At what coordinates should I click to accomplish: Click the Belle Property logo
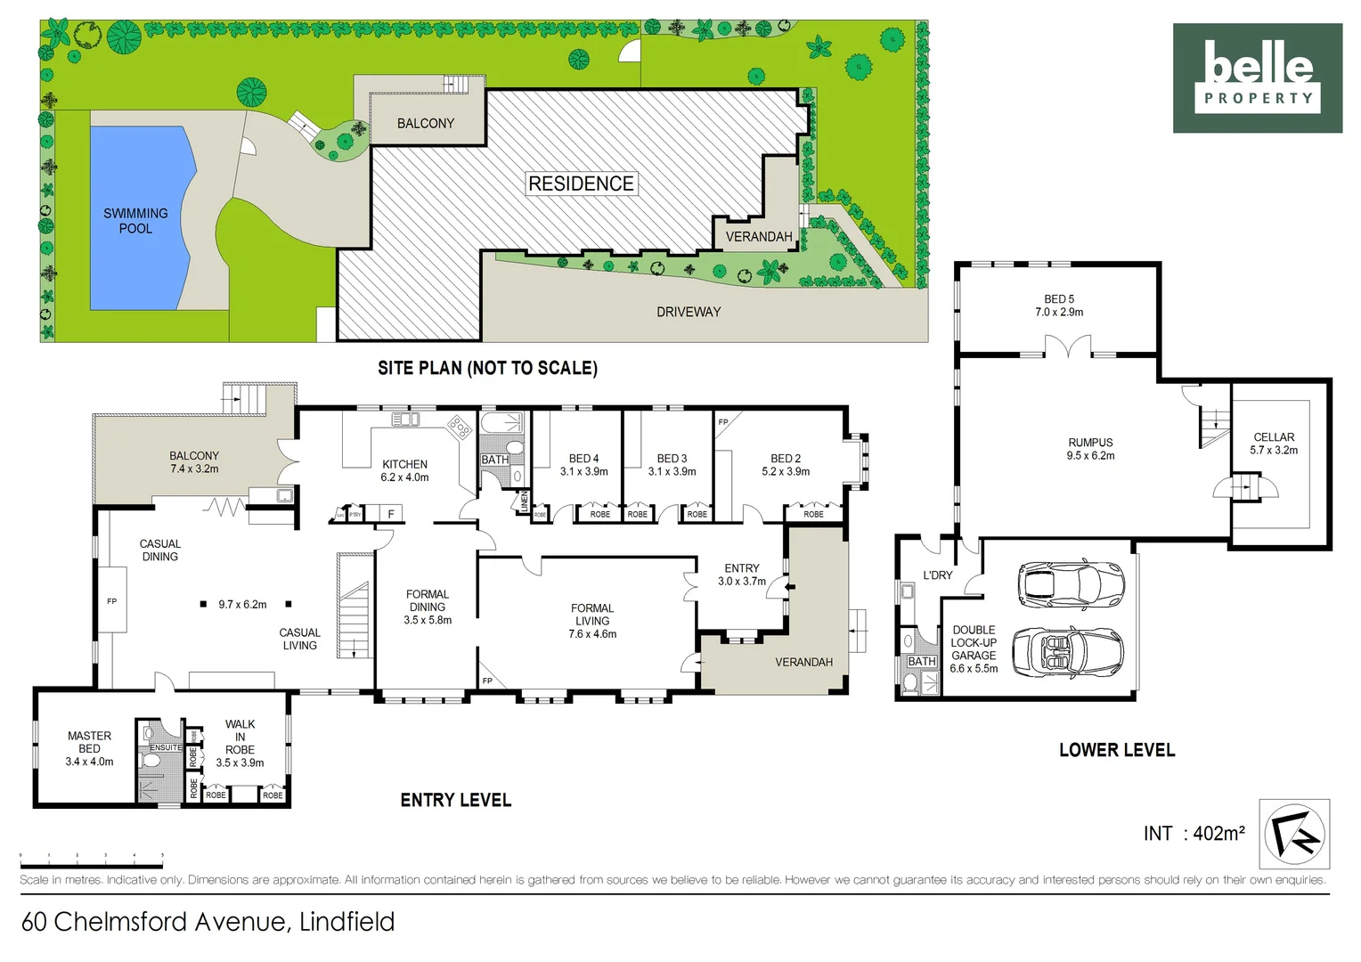[x=1257, y=77]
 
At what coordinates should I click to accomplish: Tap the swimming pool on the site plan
[x=138, y=218]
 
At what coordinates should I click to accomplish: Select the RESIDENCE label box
[x=581, y=183]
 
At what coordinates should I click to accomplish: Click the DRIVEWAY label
[x=688, y=312]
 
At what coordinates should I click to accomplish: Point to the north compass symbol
[x=1294, y=835]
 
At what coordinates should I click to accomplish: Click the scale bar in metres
[x=92, y=863]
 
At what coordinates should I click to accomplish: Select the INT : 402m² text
[x=1194, y=834]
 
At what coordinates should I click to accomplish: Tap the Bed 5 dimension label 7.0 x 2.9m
[x=1059, y=313]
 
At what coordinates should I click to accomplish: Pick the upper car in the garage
[x=1071, y=584]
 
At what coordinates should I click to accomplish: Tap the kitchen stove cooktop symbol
[x=460, y=427]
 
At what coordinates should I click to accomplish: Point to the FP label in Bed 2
[x=723, y=422]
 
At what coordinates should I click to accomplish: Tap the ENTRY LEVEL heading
[x=455, y=800]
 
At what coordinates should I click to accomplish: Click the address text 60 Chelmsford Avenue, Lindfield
[x=208, y=921]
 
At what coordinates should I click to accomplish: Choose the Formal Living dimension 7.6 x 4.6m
[x=592, y=634]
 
